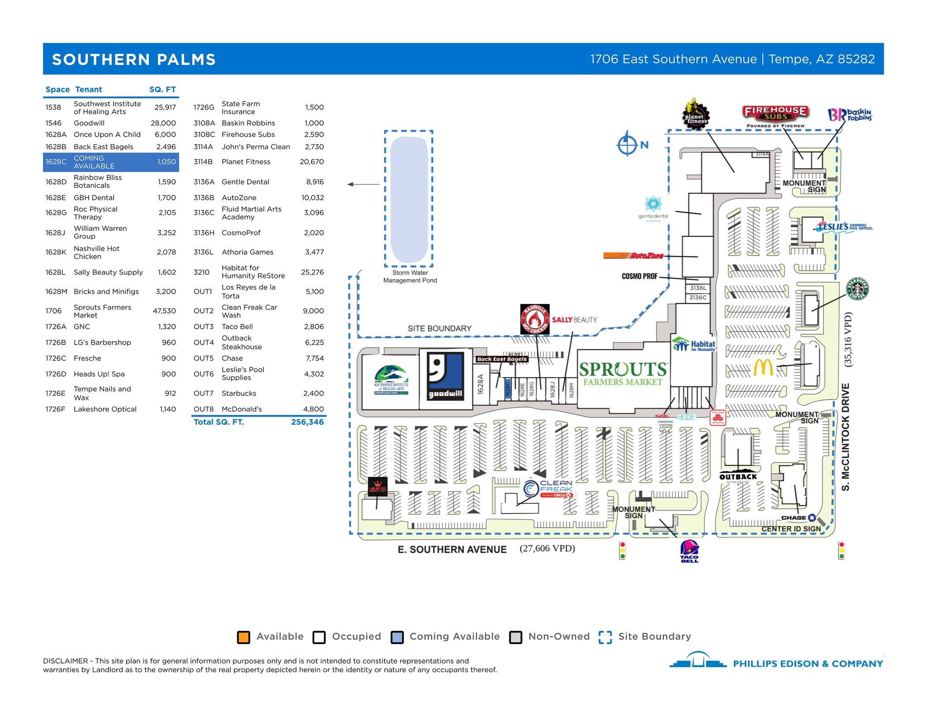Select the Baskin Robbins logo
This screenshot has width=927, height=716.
point(850,115)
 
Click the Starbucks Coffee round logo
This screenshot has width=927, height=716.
point(857,289)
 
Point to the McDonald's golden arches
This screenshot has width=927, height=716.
point(763,368)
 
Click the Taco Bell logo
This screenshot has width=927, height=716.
point(689,551)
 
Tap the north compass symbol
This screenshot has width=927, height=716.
point(627,144)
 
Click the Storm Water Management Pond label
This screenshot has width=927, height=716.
point(410,276)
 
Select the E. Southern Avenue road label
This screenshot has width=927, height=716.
point(452,550)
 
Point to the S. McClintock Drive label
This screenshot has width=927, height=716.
point(846,437)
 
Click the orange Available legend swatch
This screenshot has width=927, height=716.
point(244,637)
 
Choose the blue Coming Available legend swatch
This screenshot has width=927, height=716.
point(397,637)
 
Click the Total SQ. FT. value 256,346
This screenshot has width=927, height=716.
point(307,422)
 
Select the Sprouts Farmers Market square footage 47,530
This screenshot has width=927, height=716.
point(164,311)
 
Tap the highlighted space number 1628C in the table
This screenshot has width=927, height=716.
point(56,162)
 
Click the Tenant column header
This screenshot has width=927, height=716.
point(88,90)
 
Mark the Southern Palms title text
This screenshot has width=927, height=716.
point(134,59)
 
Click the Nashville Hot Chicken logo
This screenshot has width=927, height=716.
point(535,319)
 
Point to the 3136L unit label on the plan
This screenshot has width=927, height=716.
point(698,288)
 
